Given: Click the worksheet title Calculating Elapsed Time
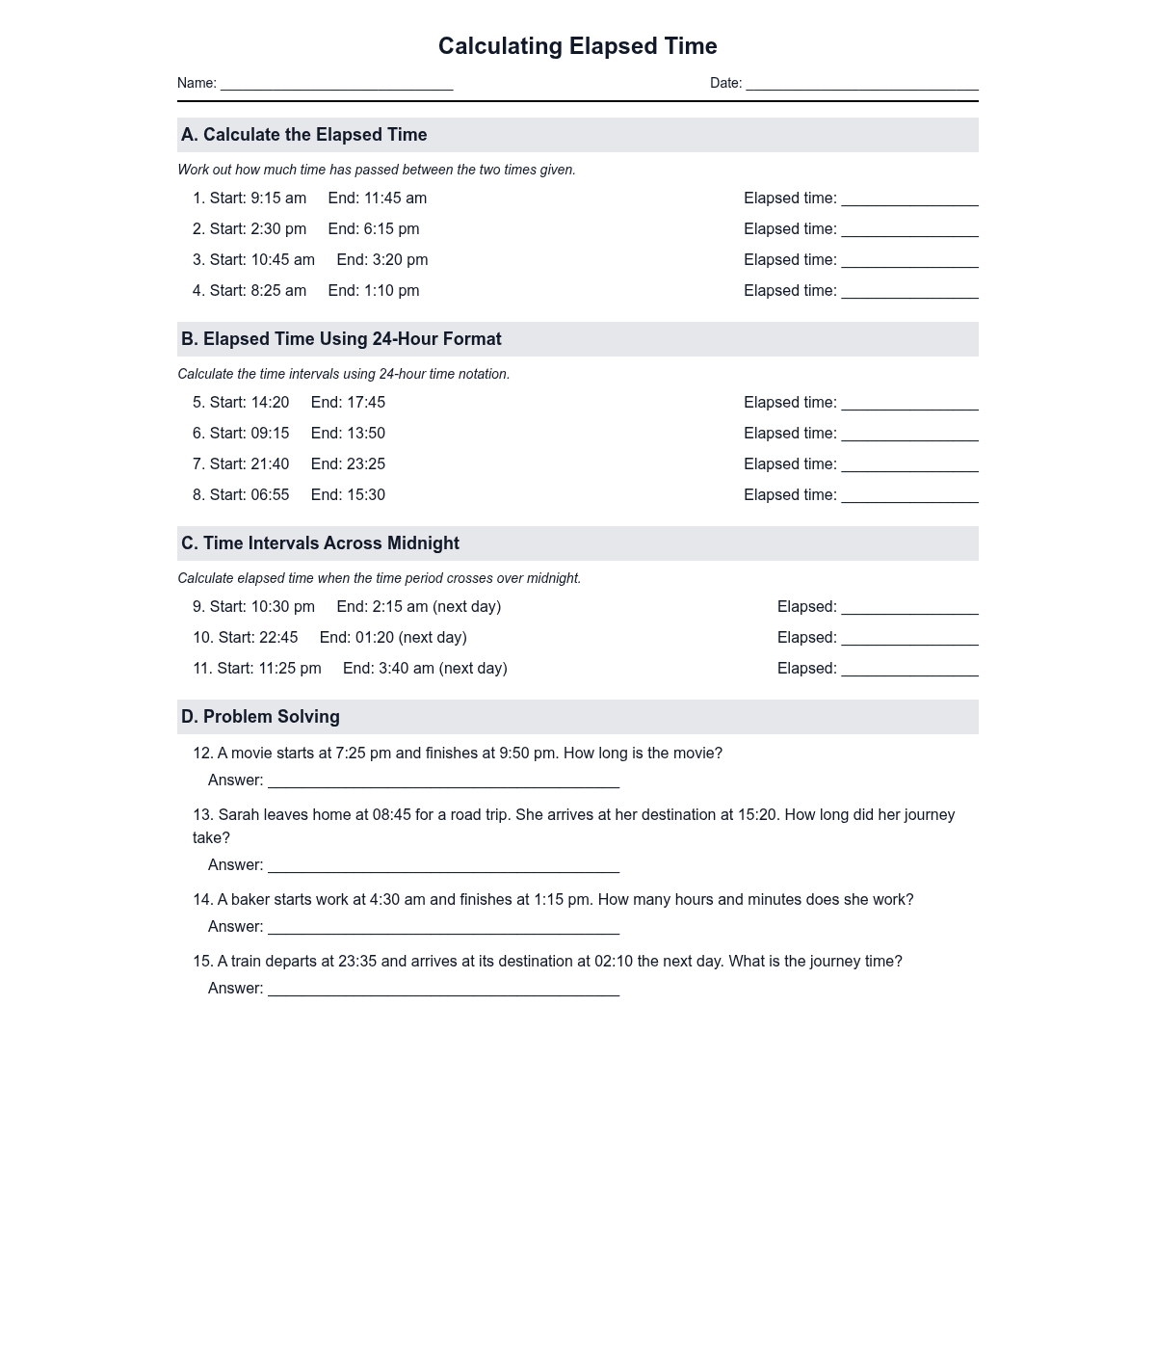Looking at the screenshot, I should (577, 46).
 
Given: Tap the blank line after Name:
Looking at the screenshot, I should (336, 85).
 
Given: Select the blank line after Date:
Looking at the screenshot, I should (861, 85).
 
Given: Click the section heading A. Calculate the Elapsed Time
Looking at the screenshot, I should (303, 135).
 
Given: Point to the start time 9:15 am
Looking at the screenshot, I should (278, 198).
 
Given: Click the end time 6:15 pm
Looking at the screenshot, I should (391, 229).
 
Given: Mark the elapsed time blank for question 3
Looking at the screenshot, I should (909, 262).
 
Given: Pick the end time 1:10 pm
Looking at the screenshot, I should (391, 291).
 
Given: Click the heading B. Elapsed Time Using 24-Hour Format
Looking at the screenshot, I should (341, 339).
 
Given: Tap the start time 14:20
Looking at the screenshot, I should (270, 403).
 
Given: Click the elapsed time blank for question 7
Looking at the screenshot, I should (909, 466).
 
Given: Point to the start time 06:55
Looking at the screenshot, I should (270, 495).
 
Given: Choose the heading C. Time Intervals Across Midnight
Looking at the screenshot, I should (320, 543).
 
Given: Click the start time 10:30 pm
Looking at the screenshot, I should (282, 607).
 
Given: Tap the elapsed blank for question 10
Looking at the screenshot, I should (909, 640).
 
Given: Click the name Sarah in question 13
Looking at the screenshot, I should (239, 815).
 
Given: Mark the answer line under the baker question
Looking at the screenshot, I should (443, 929).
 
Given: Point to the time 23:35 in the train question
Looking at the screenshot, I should (355, 962).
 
